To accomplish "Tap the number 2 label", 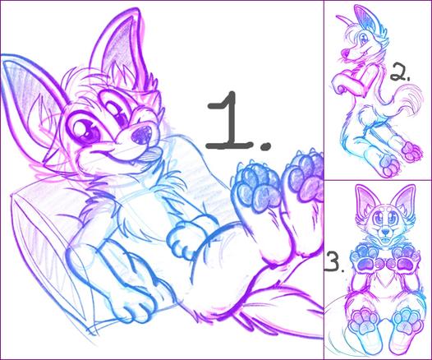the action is pyautogui.click(x=399, y=73).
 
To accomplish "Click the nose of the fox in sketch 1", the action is pyautogui.click(x=141, y=134).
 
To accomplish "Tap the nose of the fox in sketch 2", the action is pyautogui.click(x=345, y=52).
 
